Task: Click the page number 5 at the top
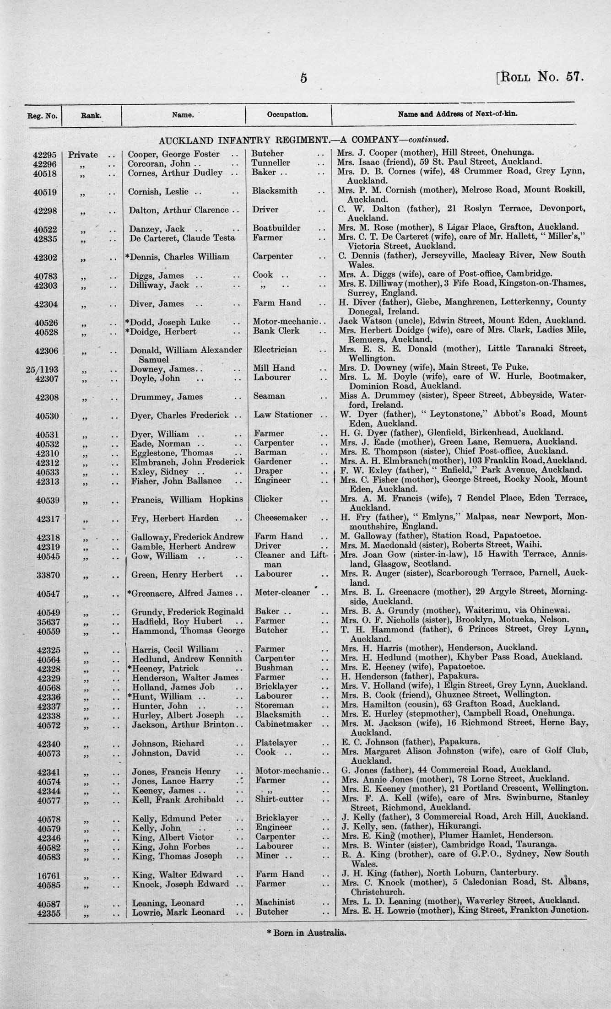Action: (303, 78)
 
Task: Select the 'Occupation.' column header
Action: (287, 114)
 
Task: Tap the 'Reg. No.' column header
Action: (43, 115)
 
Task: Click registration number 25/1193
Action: (43, 368)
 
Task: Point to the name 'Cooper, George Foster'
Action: (173, 154)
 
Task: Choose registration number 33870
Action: (46, 574)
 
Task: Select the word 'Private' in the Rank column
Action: (83, 154)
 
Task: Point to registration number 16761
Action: (46, 874)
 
